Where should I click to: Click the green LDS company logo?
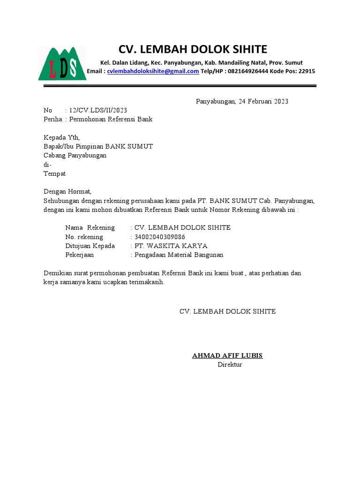(x=62, y=63)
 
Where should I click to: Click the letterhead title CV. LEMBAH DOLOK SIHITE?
(x=193, y=49)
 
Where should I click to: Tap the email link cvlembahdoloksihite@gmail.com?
(x=153, y=71)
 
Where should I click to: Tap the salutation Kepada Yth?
(x=62, y=137)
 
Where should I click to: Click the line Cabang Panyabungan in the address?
(x=75, y=155)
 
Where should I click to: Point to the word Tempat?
(x=54, y=173)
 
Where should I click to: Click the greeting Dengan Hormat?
(x=67, y=191)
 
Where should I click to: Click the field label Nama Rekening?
(x=90, y=228)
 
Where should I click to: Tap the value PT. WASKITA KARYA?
(x=171, y=246)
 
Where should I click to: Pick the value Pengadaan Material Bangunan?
(x=179, y=255)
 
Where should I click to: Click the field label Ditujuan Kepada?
(x=90, y=246)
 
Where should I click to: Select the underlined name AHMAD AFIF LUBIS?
(x=227, y=355)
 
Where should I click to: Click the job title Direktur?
(x=230, y=364)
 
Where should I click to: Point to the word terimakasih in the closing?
(x=145, y=282)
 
